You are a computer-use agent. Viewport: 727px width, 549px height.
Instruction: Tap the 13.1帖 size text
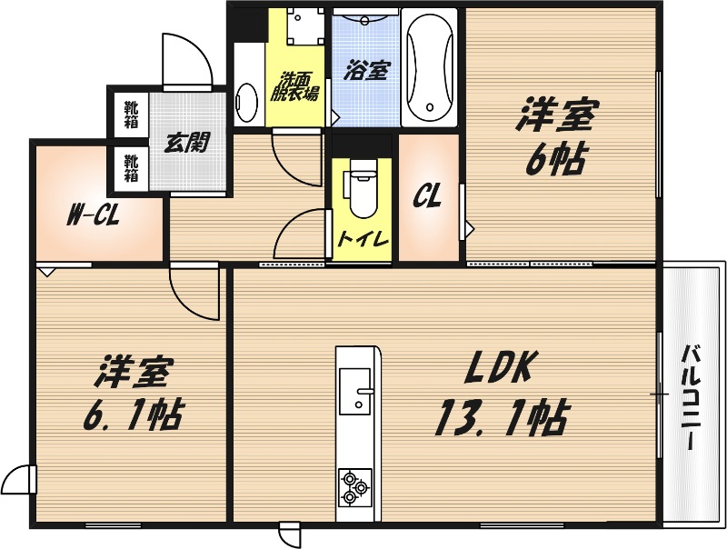pos(502,417)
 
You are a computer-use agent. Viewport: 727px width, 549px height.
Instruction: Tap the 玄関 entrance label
pos(187,143)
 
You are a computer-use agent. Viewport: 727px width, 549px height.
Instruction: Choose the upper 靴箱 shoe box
pos(131,114)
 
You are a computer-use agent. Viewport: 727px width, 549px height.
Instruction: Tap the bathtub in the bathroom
pos(429,67)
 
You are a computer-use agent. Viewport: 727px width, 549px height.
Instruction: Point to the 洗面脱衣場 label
pos(298,86)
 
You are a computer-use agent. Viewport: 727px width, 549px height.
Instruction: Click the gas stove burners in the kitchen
pos(354,488)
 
